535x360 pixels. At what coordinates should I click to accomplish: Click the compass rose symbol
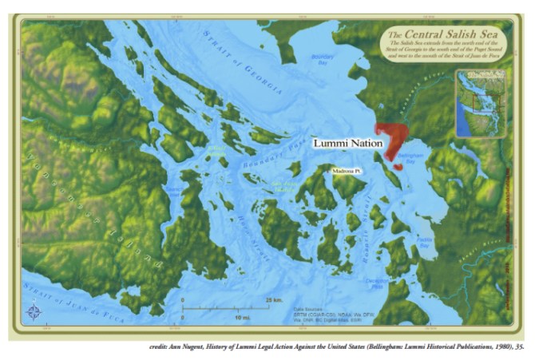(33, 312)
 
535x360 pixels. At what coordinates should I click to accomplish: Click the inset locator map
(479, 103)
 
